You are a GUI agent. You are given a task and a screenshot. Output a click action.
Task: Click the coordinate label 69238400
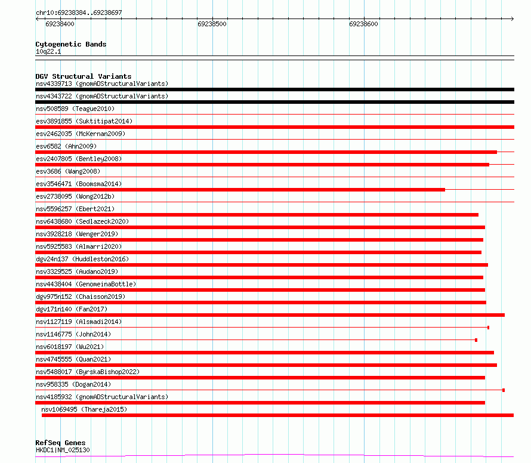point(60,24)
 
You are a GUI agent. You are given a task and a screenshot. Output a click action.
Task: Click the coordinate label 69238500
point(212,24)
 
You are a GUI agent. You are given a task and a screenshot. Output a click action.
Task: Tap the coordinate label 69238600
point(363,24)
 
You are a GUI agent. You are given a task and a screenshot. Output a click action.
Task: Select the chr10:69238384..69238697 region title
point(79,13)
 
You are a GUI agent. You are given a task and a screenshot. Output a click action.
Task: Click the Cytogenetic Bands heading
point(71,44)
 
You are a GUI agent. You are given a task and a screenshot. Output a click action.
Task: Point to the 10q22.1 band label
point(48,52)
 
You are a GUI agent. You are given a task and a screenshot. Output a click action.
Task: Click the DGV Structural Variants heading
point(84,76)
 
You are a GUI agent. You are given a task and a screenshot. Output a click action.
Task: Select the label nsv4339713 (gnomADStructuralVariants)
point(102,84)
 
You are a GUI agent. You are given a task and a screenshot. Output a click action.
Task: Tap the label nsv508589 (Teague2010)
point(75,109)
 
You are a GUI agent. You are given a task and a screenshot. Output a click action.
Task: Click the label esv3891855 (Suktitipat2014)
point(84,121)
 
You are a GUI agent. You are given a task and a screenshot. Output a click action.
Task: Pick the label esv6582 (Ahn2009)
point(66,146)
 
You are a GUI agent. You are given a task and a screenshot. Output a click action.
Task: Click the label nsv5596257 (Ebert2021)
point(75,209)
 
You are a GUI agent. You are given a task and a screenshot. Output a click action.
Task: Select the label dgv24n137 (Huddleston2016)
point(82,259)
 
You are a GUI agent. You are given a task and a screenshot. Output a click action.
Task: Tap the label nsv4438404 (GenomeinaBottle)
point(86,284)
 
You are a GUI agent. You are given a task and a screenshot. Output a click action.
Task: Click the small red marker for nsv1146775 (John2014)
point(476,340)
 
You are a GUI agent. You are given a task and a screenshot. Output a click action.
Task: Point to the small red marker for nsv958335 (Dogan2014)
point(504,390)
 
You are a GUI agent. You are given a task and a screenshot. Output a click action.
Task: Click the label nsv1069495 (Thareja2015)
point(84,409)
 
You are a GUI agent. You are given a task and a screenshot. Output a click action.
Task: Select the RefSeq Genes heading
point(60,443)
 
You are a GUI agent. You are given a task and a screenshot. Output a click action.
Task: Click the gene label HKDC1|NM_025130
point(63,450)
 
